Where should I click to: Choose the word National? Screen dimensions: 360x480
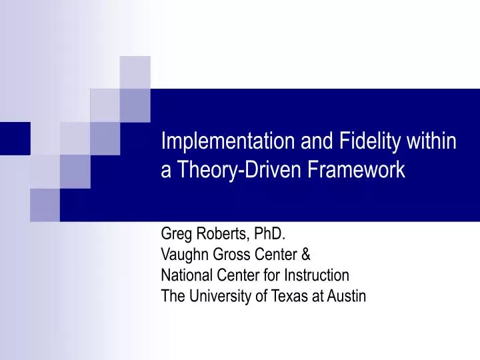(185, 275)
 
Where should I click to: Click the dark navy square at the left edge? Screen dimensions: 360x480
(15, 138)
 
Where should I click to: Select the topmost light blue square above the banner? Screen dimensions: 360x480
(135, 72)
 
